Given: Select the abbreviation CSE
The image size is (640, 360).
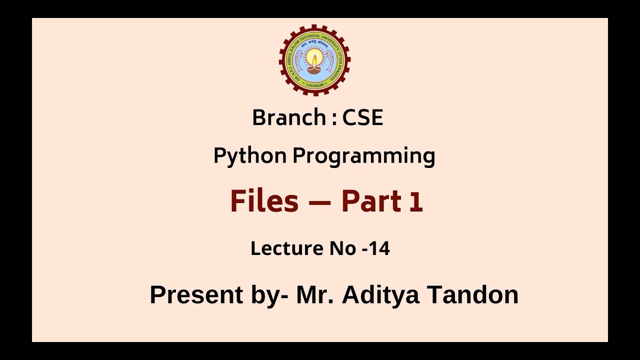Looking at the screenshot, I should [x=362, y=118].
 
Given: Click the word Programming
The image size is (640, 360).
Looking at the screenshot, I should [x=363, y=156].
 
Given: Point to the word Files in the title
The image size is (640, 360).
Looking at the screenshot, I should [x=264, y=201].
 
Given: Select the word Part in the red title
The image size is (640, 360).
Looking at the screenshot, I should [x=371, y=201].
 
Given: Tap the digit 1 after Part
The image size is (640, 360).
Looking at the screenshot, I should [x=416, y=202].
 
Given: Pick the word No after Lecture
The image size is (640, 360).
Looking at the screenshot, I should [x=341, y=248].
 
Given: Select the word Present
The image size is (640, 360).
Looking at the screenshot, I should [x=196, y=294].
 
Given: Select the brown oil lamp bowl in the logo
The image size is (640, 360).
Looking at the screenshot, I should [x=314, y=69].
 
